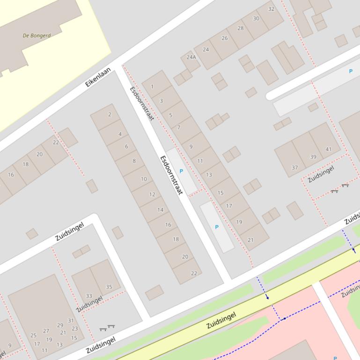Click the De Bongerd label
point(37,35)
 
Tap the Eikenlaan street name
point(98,77)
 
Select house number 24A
point(191,57)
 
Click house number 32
point(271,9)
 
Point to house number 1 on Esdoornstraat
point(152,86)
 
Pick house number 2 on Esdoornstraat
point(110,115)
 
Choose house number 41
point(328,150)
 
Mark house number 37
point(294,167)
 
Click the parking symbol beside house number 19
point(216,227)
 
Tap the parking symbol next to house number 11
point(181,171)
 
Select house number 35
point(109,287)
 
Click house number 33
point(89,296)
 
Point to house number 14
point(160,210)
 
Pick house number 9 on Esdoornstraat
point(191,146)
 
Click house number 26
point(224,38)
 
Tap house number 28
point(240,28)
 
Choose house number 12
point(152,194)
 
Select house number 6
point(126,146)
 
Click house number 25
point(33,335)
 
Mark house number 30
point(256,19)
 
